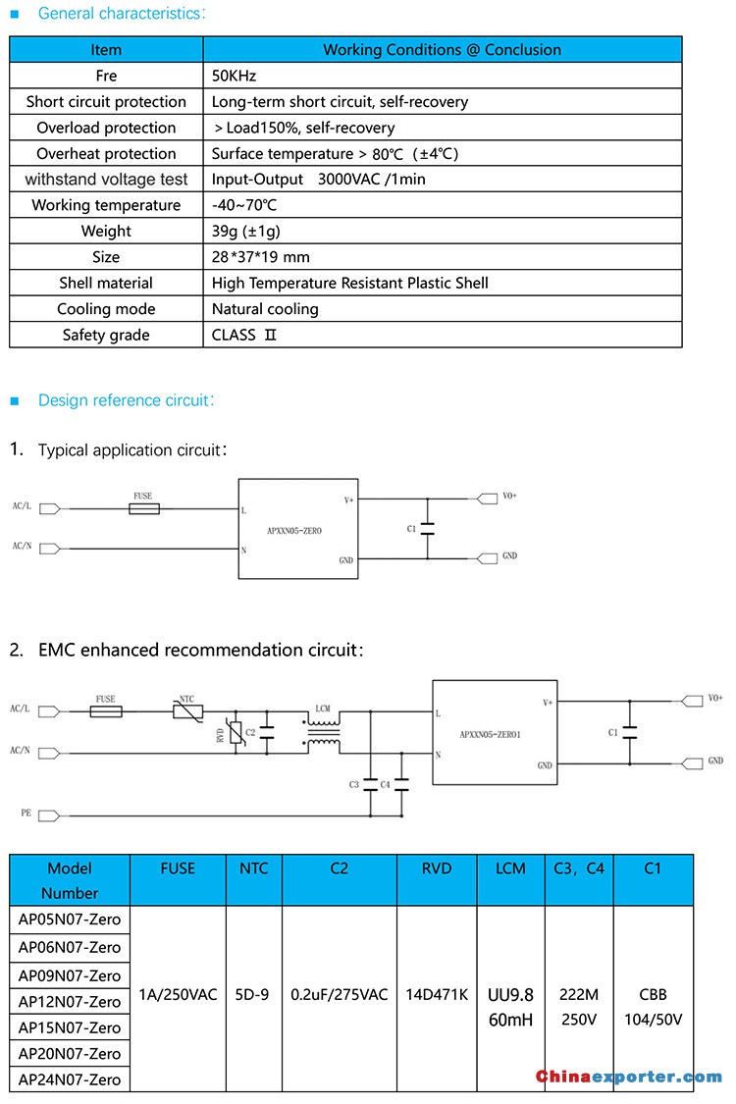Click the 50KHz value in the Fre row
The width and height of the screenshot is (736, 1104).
tap(234, 76)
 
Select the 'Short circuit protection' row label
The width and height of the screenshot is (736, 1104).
tap(106, 102)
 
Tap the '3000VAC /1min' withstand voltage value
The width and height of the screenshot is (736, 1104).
tap(371, 180)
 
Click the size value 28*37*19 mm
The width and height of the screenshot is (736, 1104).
tap(261, 257)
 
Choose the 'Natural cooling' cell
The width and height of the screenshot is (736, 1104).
tap(265, 309)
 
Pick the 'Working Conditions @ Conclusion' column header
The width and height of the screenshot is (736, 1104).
tap(443, 50)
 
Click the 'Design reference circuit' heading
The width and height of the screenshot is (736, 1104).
tap(126, 400)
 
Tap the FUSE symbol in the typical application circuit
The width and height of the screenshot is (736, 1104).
tap(144, 508)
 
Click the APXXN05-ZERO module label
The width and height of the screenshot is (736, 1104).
tap(294, 531)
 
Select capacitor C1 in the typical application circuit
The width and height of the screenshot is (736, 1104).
tap(427, 529)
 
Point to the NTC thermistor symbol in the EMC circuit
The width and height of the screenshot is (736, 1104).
tap(188, 711)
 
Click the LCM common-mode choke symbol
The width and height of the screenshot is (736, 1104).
tap(323, 732)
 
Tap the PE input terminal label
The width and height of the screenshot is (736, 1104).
tap(26, 814)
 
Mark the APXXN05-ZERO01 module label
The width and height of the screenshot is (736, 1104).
tap(491, 734)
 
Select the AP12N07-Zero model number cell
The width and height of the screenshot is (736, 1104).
tap(70, 1002)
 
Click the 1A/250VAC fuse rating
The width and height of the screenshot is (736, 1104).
tap(178, 995)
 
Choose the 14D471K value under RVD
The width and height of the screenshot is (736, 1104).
tap(437, 995)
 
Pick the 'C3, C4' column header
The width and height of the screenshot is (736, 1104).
tap(579, 868)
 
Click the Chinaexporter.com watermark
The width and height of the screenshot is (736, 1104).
tap(629, 1077)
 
